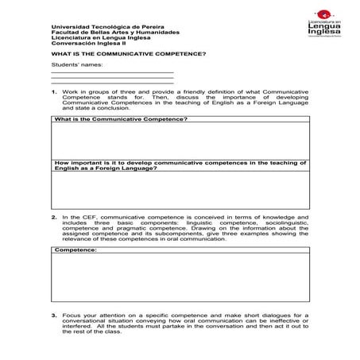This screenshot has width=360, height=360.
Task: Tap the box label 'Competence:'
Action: (x=76, y=250)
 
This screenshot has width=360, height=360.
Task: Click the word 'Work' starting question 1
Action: (x=69, y=93)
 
